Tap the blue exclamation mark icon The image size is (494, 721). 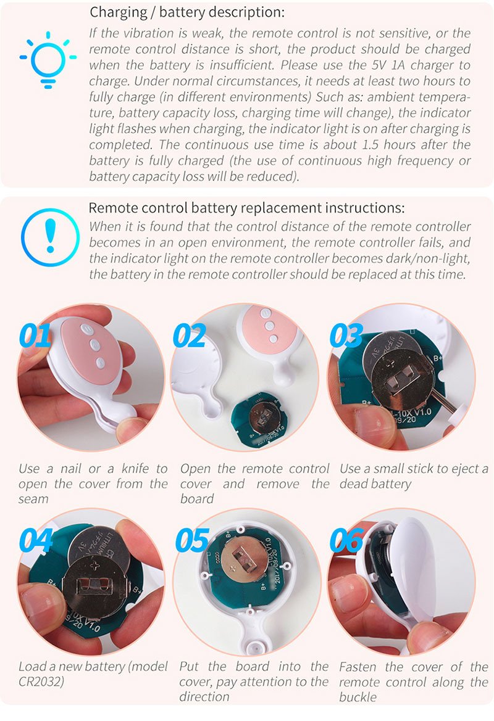50,237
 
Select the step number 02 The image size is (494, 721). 189,336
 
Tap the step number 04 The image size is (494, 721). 36,540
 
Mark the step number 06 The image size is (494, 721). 347,540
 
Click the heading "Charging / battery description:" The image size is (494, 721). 187,12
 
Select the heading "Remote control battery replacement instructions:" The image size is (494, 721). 246,208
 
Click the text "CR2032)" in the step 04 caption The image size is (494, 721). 41,682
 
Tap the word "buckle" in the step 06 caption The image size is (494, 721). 358,696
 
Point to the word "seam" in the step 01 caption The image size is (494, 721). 33,499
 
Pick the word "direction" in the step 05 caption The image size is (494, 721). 204,696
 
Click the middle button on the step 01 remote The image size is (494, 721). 94,344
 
